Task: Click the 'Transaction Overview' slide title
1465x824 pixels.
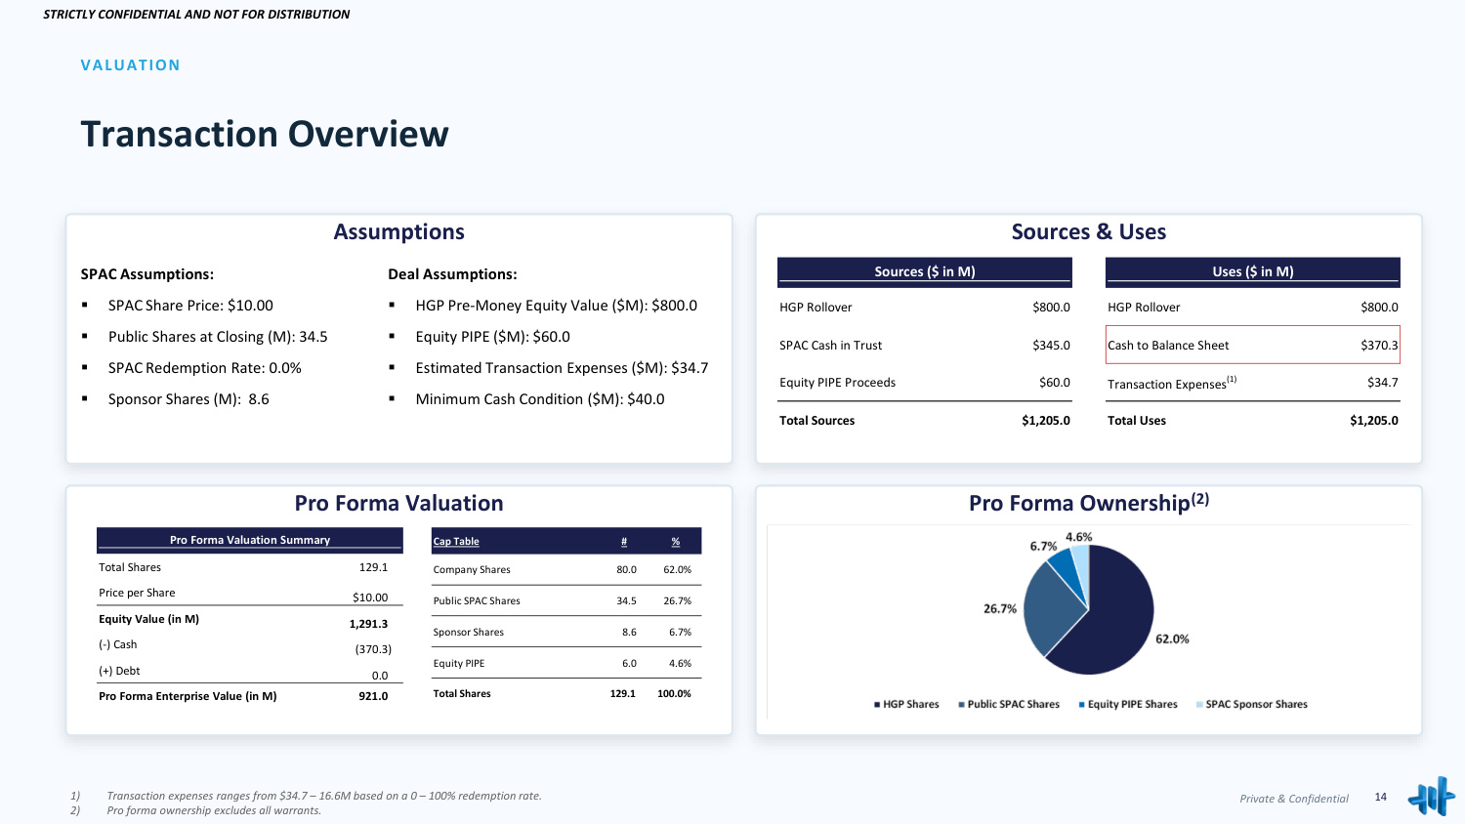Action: coord(265,134)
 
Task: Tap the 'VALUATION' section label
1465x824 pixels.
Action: coord(130,65)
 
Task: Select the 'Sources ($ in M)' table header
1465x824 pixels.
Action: coord(924,271)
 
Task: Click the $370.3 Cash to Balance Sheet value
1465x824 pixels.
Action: coord(1379,345)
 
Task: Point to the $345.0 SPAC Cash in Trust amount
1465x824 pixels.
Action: coord(1051,345)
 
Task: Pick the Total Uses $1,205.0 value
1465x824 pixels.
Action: coord(1373,421)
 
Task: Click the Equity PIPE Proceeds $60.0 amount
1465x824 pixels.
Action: coord(1054,382)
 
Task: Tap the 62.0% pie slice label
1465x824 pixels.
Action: coord(1172,639)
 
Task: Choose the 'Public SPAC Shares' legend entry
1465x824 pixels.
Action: coord(1009,704)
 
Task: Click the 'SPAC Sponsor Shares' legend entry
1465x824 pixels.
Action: coord(1251,704)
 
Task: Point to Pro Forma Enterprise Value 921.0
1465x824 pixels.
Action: coord(373,696)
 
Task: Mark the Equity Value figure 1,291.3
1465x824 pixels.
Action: coord(368,624)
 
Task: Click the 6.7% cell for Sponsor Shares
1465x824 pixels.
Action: coord(680,633)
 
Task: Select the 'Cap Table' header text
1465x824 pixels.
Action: coord(456,542)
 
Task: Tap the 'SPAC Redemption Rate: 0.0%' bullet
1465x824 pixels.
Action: coord(205,368)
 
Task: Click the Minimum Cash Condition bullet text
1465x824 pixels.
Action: coord(539,399)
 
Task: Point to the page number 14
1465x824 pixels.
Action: coord(1381,797)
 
